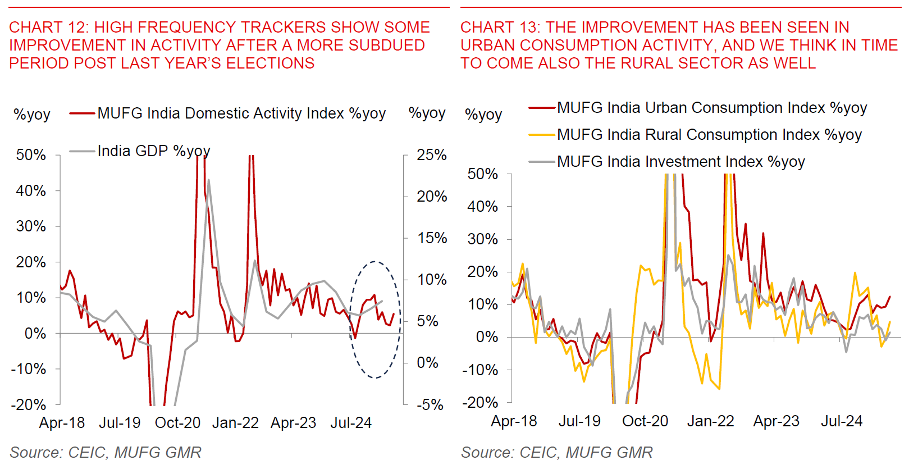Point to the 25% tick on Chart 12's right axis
click(431, 155)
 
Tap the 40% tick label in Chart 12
click(31, 191)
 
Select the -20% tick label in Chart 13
click(480, 402)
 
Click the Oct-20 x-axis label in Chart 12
click(177, 423)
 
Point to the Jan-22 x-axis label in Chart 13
click(710, 421)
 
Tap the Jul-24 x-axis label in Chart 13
click(841, 421)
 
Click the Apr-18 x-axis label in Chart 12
click(62, 423)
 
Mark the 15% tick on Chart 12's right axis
click(432, 238)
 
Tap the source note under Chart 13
click(556, 453)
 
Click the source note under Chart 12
click(106, 453)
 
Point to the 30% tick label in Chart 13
click(482, 239)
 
